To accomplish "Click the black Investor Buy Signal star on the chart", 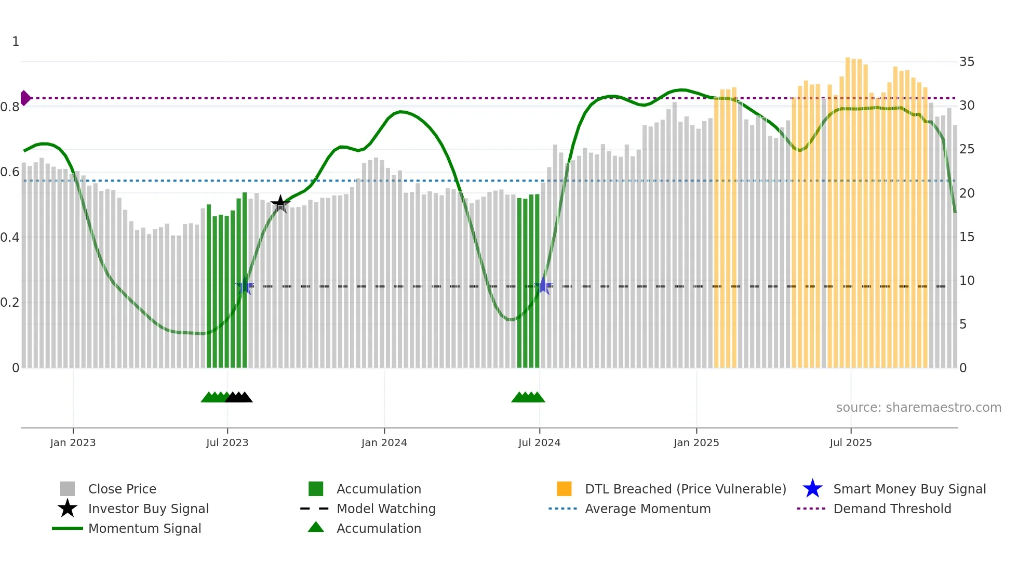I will (x=280, y=203).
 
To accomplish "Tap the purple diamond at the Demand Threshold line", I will (x=25, y=98).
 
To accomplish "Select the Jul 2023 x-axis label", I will (x=227, y=442).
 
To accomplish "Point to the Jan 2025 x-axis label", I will (x=696, y=442).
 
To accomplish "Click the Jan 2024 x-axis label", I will (x=384, y=442).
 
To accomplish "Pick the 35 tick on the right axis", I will (x=967, y=62).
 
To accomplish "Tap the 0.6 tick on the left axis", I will (x=10, y=172).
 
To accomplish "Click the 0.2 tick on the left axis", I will (x=10, y=303).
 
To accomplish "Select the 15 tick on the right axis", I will (x=967, y=237).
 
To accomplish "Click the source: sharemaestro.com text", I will (x=918, y=408).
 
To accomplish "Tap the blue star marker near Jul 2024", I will (x=543, y=285).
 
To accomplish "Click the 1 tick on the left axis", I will (x=16, y=42).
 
